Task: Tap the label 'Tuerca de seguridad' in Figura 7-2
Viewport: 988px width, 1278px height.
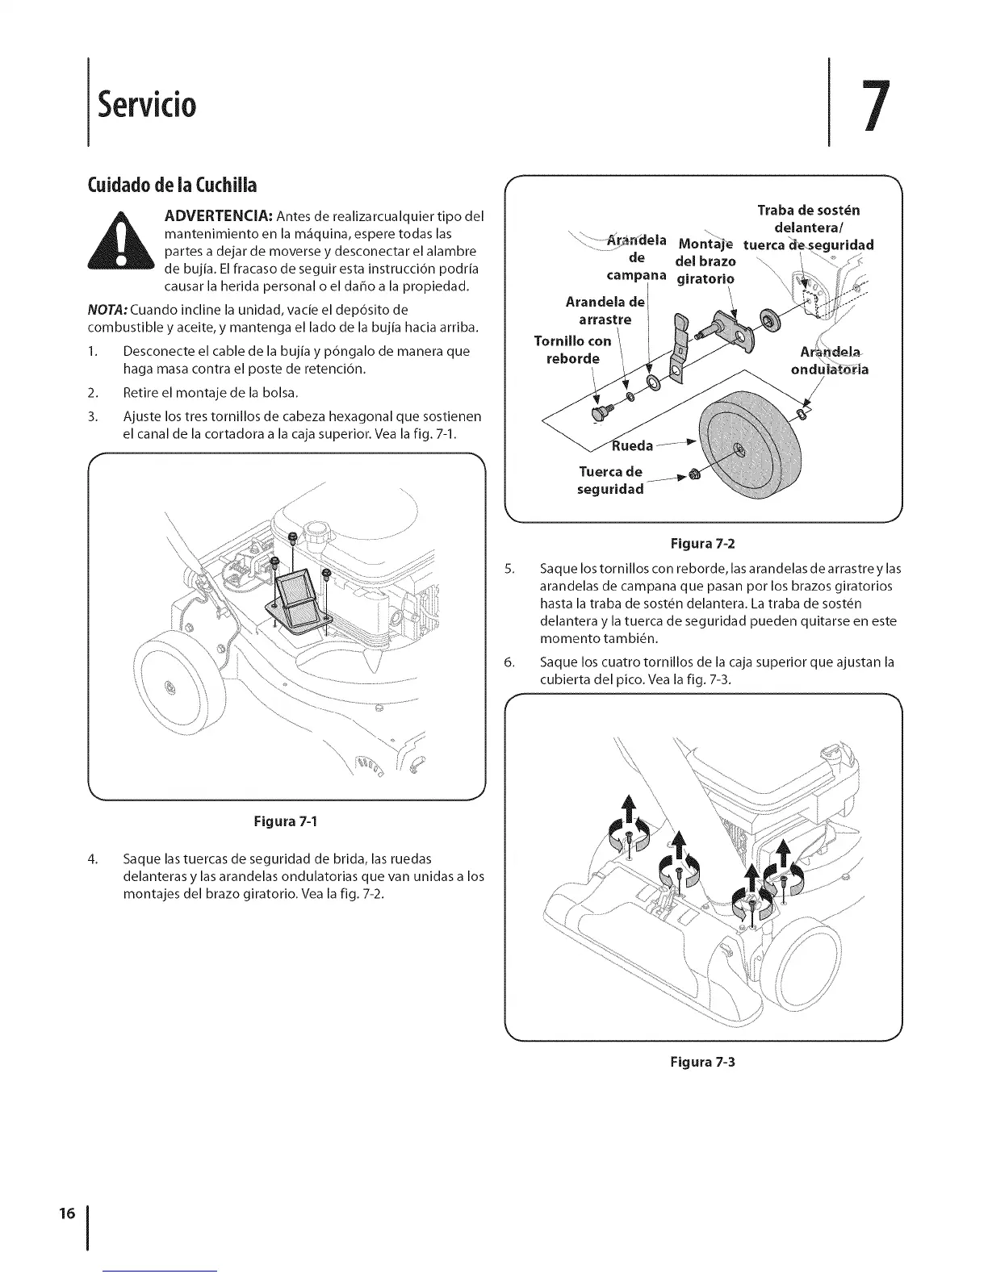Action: (x=611, y=480)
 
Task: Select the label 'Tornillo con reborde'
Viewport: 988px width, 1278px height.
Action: (x=573, y=349)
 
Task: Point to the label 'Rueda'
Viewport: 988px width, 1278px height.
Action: (x=632, y=446)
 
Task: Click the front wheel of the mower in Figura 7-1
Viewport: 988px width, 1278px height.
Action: (x=170, y=686)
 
